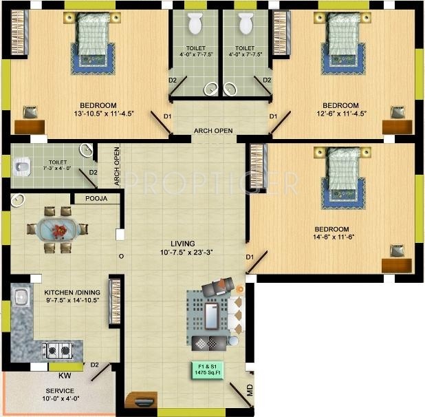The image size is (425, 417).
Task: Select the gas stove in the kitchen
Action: (x=58, y=349)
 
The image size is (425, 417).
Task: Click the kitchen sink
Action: (x=21, y=297)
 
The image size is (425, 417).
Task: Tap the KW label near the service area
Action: (x=65, y=376)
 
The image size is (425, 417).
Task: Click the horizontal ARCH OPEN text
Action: (x=213, y=131)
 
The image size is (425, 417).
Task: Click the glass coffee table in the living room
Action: (x=214, y=317)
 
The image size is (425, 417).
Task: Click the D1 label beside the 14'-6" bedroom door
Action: (x=250, y=257)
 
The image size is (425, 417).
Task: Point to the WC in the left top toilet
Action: (x=195, y=25)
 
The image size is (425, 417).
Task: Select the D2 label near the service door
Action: (x=95, y=365)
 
